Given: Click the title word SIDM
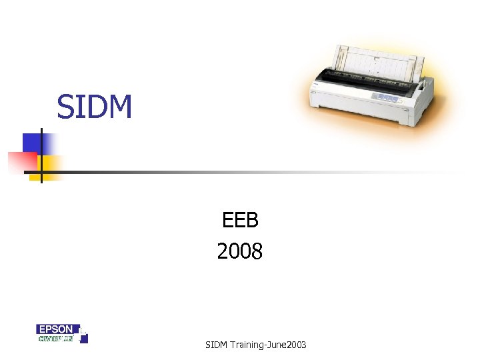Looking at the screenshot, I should [x=95, y=107].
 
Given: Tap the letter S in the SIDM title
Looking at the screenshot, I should [x=64, y=107].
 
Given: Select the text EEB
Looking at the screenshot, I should [x=240, y=219].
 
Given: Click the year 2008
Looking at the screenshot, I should [x=240, y=251].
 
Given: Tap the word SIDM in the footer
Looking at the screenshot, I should [x=217, y=345].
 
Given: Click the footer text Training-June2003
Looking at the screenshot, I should [x=268, y=345].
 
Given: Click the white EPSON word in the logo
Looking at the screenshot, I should [x=55, y=329].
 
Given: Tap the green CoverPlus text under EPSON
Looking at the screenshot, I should [x=55, y=338].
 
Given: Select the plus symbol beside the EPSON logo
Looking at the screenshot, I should [x=83, y=333].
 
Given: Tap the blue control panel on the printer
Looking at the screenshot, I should [x=386, y=97].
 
